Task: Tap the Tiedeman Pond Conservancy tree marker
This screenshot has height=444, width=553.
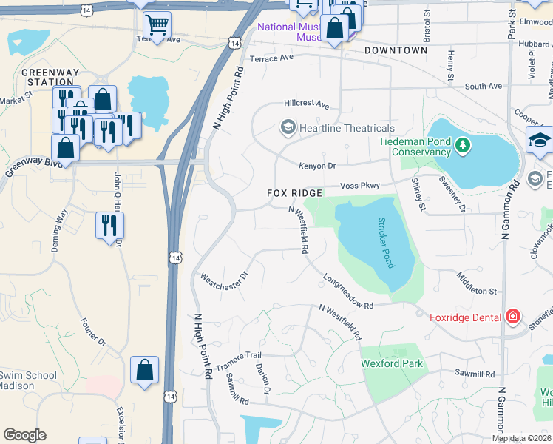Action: pyautogui.click(x=463, y=145)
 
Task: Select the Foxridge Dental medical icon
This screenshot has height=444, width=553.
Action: pyautogui.click(x=512, y=317)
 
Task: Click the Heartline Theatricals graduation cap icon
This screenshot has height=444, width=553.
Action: pyautogui.click(x=287, y=128)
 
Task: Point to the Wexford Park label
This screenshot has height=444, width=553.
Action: pyautogui.click(x=392, y=363)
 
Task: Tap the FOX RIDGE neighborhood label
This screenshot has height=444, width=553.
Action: pyautogui.click(x=294, y=193)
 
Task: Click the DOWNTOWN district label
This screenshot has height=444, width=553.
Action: pyautogui.click(x=396, y=50)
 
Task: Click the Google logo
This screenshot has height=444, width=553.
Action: pyautogui.click(x=24, y=435)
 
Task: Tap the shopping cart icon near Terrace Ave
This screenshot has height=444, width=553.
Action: pyautogui.click(x=157, y=26)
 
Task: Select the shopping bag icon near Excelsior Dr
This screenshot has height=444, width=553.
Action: pyautogui.click(x=145, y=370)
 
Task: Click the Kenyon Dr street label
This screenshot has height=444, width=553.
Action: pyautogui.click(x=317, y=166)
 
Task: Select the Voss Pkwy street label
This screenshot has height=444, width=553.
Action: pyautogui.click(x=359, y=186)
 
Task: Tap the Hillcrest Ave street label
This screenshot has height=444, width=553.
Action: pyautogui.click(x=305, y=105)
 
